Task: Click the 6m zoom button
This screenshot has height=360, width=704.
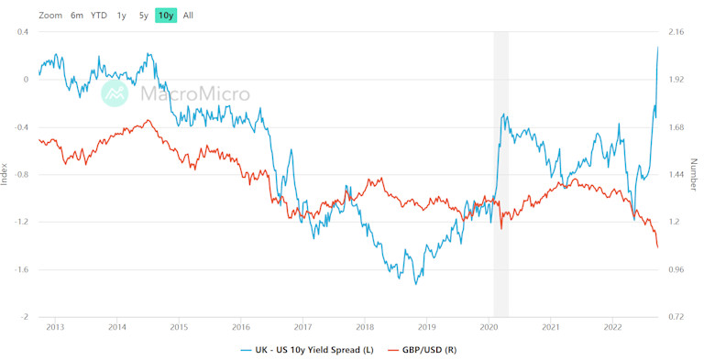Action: coord(77,16)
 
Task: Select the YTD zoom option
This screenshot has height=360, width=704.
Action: coord(99,16)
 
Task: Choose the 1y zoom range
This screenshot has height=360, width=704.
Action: coord(122,16)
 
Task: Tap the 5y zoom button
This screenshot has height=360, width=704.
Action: coord(144,16)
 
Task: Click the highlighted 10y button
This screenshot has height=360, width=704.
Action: coord(166,16)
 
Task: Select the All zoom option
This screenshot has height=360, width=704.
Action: coord(188,16)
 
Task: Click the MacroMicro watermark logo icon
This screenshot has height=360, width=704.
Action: coord(115,93)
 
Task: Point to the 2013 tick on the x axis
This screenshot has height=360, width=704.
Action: coord(55,326)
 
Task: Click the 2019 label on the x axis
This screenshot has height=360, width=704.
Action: coord(426,326)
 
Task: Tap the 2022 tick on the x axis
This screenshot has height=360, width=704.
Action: coord(612,326)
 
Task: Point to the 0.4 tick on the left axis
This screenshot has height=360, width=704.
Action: coord(22,32)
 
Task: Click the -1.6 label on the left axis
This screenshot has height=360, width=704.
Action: coord(20,269)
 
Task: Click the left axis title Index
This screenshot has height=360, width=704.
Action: coord(5,174)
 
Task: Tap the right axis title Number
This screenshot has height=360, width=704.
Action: coord(694,174)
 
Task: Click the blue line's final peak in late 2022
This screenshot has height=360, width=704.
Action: coord(658,48)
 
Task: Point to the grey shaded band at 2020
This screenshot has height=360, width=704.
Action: coord(500,174)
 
